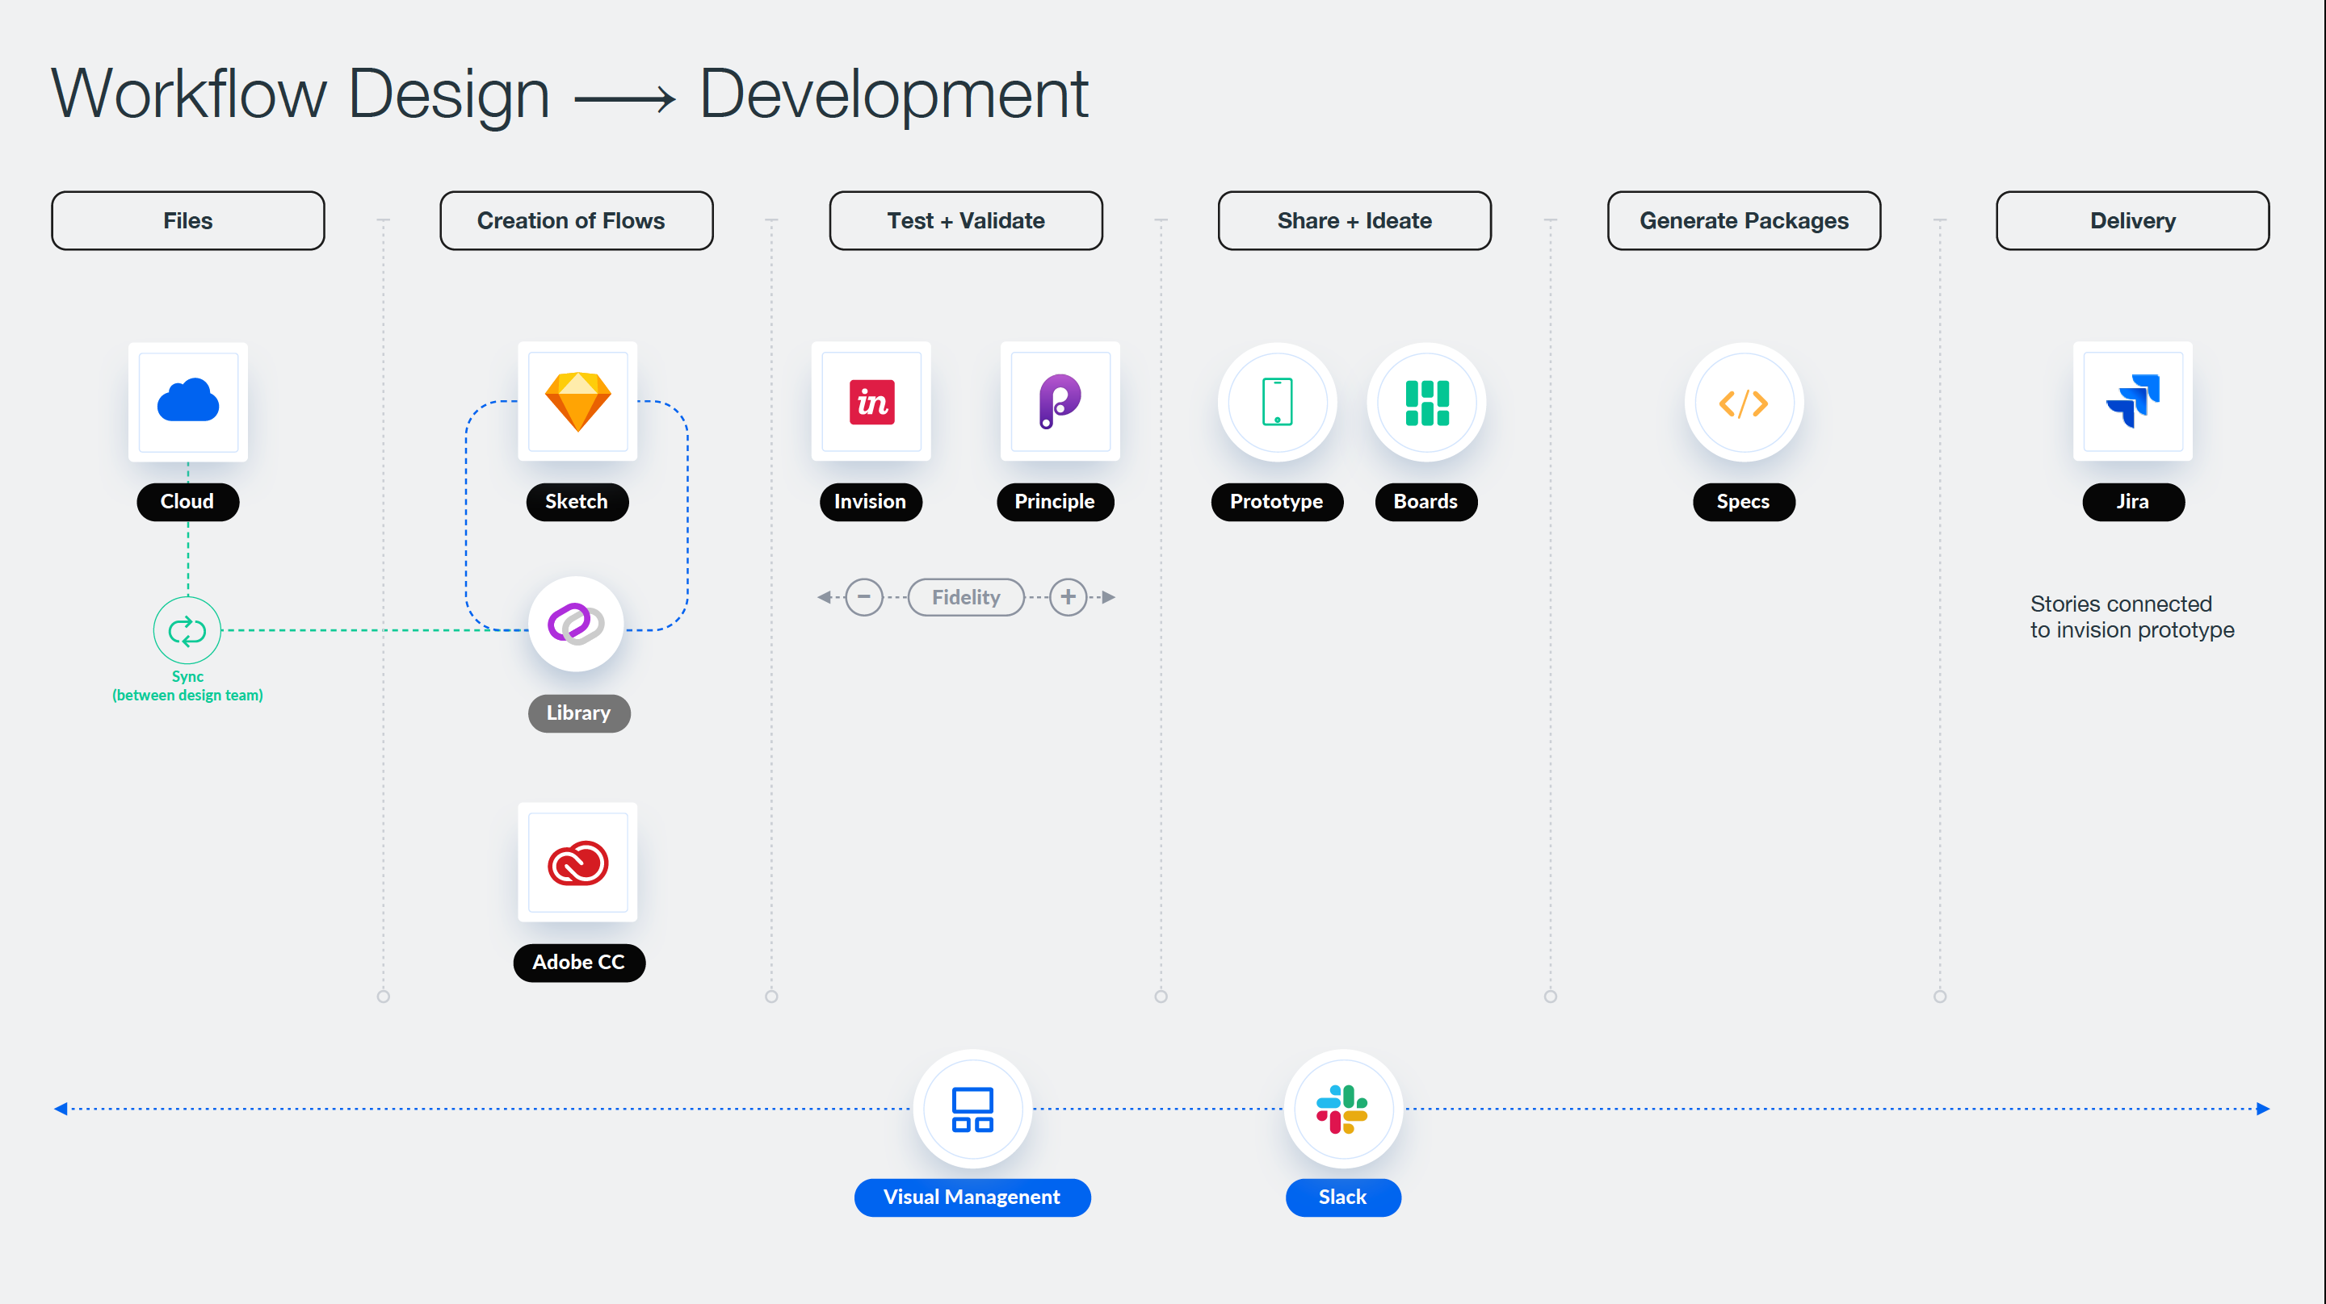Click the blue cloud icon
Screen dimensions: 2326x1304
pos(188,401)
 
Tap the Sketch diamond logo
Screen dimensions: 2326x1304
pos(578,402)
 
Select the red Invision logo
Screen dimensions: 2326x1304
pos(871,402)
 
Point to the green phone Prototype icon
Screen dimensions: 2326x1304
pos(1277,402)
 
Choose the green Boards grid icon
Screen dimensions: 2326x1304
pos(1426,403)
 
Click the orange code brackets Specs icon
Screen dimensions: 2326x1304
pos(1744,403)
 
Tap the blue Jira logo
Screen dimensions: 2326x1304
pos(2133,401)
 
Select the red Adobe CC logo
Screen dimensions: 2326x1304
pos(578,863)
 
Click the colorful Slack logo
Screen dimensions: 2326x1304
pos(1341,1109)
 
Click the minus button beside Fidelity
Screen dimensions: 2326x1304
pos(864,597)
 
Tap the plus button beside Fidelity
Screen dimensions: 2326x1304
pos(1069,597)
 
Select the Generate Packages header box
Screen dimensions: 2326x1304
pos(1744,220)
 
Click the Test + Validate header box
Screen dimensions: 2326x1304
pos(965,220)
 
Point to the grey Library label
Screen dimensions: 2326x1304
pos(579,713)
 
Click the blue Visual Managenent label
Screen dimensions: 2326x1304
pos(972,1197)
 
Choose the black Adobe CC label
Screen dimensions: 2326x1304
pos(579,962)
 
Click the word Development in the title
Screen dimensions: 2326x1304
pos(894,94)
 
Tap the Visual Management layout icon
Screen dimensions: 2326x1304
pos(972,1109)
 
